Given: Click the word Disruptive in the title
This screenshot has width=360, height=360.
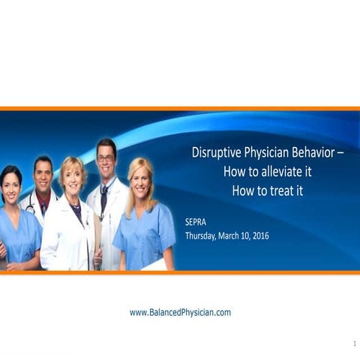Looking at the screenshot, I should coord(216,152).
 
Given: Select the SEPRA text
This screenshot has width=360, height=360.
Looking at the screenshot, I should coord(197,223).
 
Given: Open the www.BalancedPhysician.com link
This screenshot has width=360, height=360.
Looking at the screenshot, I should coord(180,312).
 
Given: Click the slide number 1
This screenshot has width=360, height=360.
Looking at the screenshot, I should coord(353,343).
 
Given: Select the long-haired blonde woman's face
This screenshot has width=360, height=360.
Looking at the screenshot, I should coord(141,178).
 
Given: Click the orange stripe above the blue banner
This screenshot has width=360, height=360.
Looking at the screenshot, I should coord(180,109).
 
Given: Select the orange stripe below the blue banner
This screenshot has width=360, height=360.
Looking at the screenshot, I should coord(180,272).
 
